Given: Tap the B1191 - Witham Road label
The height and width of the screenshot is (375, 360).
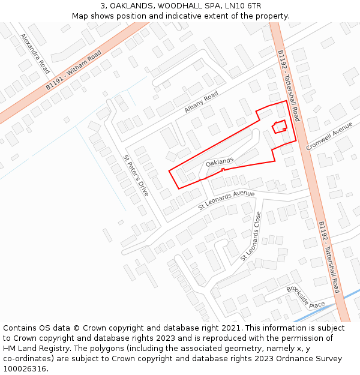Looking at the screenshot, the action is (x=74, y=71).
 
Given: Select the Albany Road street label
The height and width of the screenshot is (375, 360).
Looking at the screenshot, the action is (x=201, y=103).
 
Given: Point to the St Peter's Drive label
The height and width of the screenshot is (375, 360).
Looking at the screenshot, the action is (x=136, y=176).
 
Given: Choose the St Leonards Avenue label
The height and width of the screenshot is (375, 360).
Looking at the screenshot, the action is (x=226, y=200).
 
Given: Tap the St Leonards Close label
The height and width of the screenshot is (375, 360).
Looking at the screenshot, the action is (x=251, y=236).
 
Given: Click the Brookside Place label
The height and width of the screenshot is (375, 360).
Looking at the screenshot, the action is (x=305, y=297).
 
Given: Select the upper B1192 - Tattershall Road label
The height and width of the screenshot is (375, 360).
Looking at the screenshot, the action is (x=288, y=85).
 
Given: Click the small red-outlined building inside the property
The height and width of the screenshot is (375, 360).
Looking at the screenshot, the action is (x=279, y=128).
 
